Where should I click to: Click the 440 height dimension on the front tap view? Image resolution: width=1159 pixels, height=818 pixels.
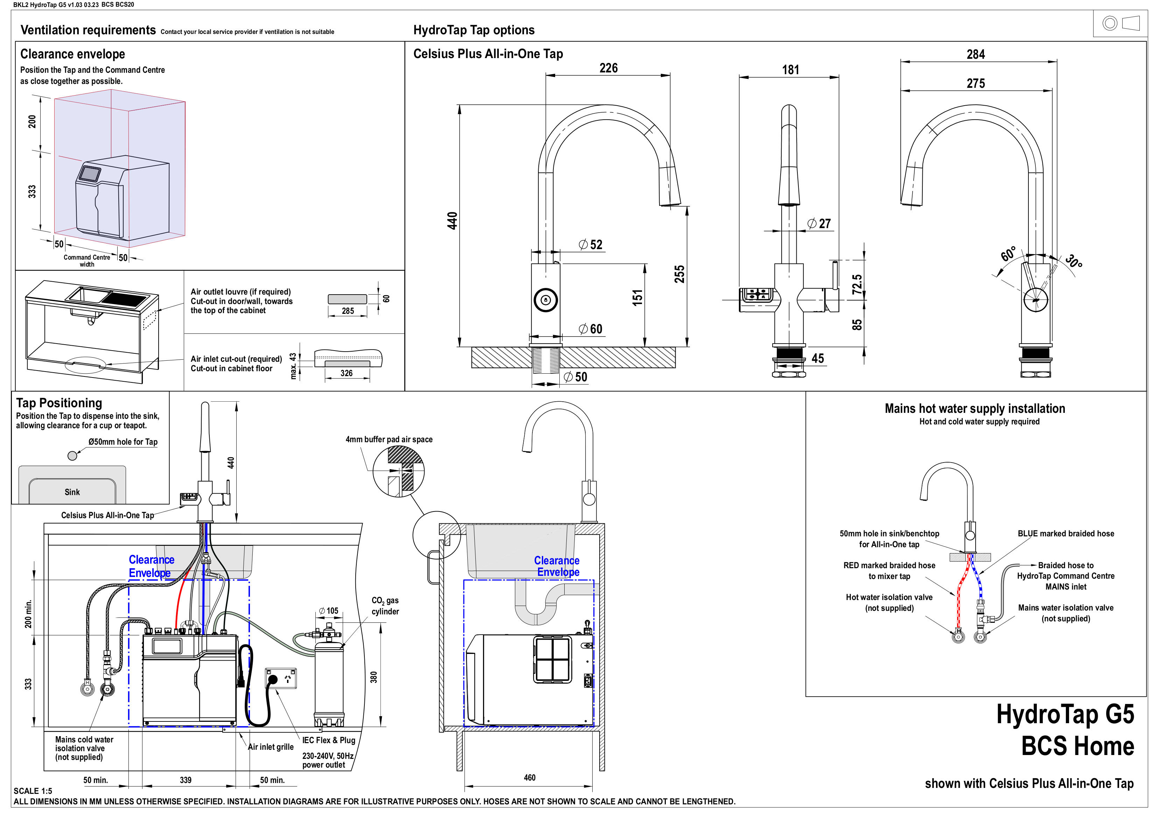click(452, 220)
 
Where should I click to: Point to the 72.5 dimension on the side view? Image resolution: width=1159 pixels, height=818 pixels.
click(857, 284)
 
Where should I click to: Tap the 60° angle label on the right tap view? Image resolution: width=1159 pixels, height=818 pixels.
click(1008, 254)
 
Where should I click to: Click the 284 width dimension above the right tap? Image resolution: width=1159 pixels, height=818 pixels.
click(975, 55)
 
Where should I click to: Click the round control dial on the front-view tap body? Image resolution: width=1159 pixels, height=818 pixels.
click(545, 300)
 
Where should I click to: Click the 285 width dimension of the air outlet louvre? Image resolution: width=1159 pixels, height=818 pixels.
click(348, 311)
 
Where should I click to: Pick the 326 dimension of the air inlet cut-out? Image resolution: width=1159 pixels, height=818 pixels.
click(346, 373)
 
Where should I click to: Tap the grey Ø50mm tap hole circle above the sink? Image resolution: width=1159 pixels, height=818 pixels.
click(72, 456)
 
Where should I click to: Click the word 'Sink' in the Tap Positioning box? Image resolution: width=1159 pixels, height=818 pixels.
click(72, 492)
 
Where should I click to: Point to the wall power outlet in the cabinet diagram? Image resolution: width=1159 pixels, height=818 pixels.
click(281, 679)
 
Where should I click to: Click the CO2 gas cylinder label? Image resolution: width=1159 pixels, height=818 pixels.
click(385, 606)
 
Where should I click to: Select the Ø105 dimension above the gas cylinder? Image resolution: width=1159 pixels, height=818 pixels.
click(329, 611)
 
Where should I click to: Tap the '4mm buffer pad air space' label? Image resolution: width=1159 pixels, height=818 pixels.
click(389, 439)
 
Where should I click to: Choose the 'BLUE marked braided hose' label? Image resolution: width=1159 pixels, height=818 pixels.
click(1065, 534)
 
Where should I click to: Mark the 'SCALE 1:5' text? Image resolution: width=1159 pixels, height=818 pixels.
click(33, 791)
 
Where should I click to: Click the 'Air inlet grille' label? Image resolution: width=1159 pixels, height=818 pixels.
click(271, 747)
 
